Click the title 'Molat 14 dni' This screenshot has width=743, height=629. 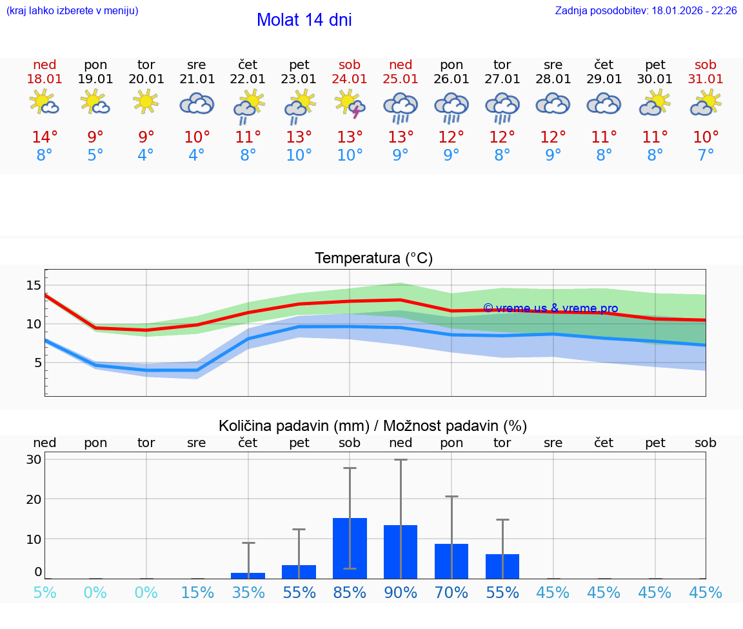click(304, 20)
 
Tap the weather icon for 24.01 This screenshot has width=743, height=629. click(350, 104)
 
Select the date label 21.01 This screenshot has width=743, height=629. click(197, 79)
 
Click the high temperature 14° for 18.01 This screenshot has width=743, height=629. click(45, 137)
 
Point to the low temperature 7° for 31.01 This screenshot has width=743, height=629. click(706, 155)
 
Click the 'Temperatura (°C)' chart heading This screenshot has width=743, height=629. click(373, 259)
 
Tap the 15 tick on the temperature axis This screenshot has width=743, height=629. click(34, 285)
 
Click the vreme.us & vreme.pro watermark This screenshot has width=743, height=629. click(550, 308)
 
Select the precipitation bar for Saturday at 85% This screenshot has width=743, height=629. click(350, 548)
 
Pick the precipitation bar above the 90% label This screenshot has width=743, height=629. click(401, 552)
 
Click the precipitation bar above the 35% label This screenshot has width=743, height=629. click(248, 575)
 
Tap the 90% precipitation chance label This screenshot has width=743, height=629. click(401, 593)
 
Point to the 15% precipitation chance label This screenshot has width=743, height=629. click(197, 593)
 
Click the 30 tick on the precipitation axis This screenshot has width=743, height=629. click(34, 459)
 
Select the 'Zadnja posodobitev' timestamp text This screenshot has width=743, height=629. click(646, 11)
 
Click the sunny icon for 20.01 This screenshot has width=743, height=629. click(146, 101)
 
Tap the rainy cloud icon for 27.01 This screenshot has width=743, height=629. click(502, 106)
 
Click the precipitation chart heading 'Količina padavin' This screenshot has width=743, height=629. click(373, 426)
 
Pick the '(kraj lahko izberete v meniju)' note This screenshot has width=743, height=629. click(72, 11)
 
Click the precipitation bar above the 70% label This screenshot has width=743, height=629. click(451, 561)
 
